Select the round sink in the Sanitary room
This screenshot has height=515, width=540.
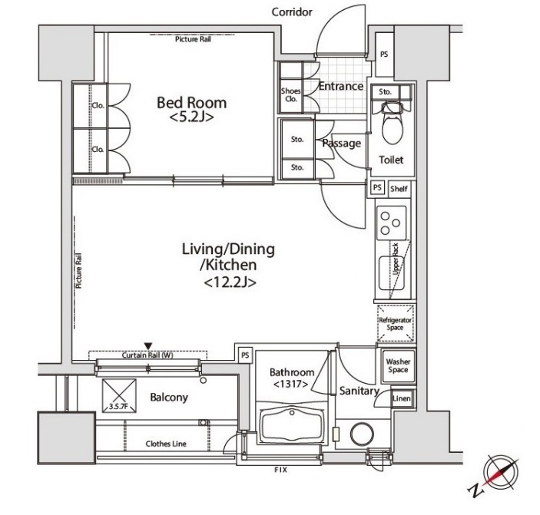pyautogui.click(x=362, y=434)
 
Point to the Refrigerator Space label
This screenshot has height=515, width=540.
pyautogui.click(x=395, y=324)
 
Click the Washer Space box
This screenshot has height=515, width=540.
pyautogui.click(x=398, y=365)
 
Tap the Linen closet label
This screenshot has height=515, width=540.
pyautogui.click(x=402, y=398)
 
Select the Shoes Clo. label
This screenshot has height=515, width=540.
pyautogui.click(x=290, y=95)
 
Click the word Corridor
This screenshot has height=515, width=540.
pyautogui.click(x=292, y=12)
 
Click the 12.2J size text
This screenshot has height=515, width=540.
pyautogui.click(x=230, y=282)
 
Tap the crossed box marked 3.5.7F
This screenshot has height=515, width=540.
pyautogui.click(x=119, y=395)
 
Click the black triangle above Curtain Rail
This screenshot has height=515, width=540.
pyautogui.click(x=148, y=345)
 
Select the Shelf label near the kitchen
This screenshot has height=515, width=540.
pyautogui.click(x=399, y=189)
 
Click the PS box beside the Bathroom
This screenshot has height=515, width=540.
pyautogui.click(x=245, y=355)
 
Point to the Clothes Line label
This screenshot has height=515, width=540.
pyautogui.click(x=166, y=444)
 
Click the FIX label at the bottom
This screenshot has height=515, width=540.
pyautogui.click(x=280, y=470)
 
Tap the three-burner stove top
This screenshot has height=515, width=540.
pyautogui.click(x=392, y=223)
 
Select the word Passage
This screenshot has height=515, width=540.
pyautogui.click(x=342, y=144)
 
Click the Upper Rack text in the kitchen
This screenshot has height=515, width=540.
pyautogui.click(x=396, y=259)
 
